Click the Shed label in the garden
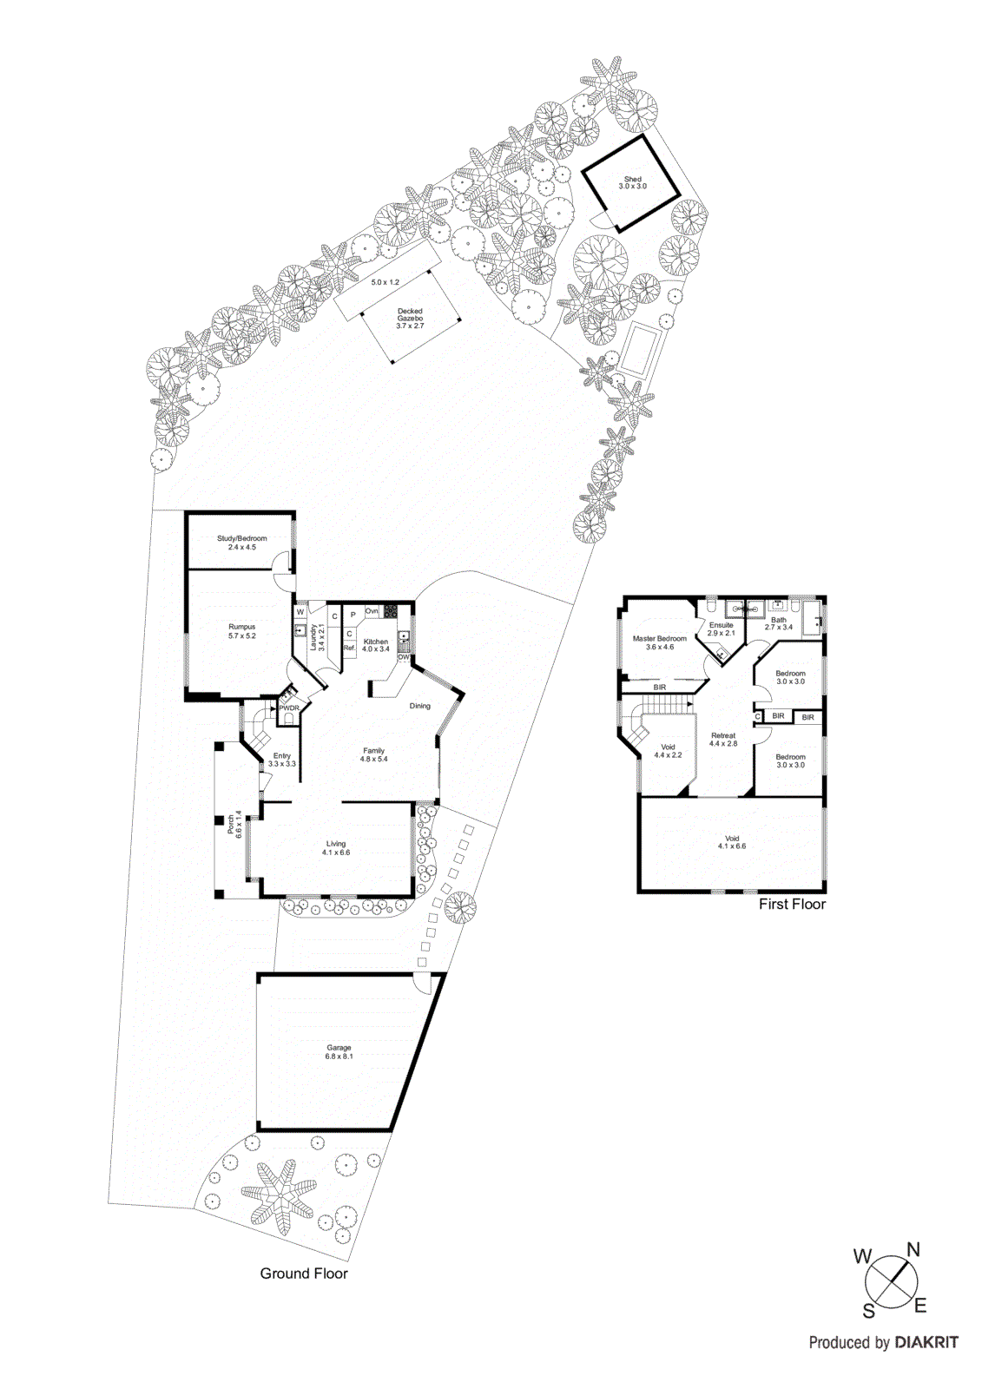pyautogui.click(x=632, y=180)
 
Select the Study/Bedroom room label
pyautogui.click(x=241, y=538)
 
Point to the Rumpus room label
pyautogui.click(x=242, y=627)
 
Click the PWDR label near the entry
pyautogui.click(x=288, y=708)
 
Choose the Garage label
pyautogui.click(x=339, y=1048)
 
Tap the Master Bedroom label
pyautogui.click(x=659, y=639)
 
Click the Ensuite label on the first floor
pyautogui.click(x=721, y=625)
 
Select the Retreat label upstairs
pyautogui.click(x=722, y=735)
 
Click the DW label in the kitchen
pyautogui.click(x=404, y=657)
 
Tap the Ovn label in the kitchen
pyautogui.click(x=372, y=611)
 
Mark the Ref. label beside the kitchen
pyautogui.click(x=350, y=648)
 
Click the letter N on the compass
pyautogui.click(x=913, y=1250)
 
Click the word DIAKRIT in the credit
pyautogui.click(x=926, y=1342)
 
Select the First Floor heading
pyautogui.click(x=792, y=904)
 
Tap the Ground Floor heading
pyautogui.click(x=304, y=1274)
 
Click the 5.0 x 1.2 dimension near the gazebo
pyautogui.click(x=385, y=282)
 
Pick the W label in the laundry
pyautogui.click(x=300, y=613)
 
